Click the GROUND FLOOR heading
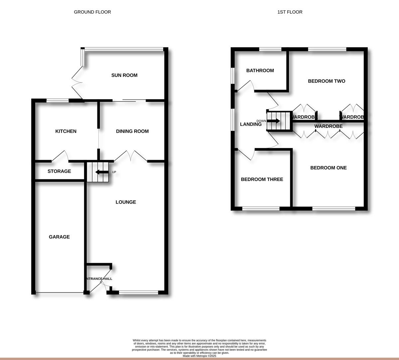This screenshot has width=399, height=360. tap(92, 12)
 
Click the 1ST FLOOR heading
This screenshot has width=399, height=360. tap(290, 12)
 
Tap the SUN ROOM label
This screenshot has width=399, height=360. tap(124, 75)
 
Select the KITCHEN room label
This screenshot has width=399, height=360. tap(66, 131)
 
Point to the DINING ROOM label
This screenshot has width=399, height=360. tap(132, 131)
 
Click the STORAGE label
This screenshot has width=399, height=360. tap(59, 171)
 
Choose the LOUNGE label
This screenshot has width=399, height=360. tap(126, 202)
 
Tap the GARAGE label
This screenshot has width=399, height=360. tap(59, 237)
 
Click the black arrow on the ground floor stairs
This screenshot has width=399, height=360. tap(101, 172)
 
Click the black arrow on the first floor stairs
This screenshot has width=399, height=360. tap(274, 121)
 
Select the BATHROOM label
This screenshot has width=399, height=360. tap(260, 71)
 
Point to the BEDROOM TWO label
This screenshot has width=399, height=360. tap(327, 81)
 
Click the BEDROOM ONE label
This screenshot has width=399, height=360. tap(329, 168)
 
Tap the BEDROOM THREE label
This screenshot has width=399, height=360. tap(262, 179)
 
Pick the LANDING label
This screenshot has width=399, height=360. tap(251, 124)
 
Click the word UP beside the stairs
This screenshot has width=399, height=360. tap(114, 172)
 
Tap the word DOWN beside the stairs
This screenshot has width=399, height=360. tap(261, 121)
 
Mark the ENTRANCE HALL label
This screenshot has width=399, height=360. tap(99, 279)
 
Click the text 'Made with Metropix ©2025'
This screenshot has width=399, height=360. tap(199, 356)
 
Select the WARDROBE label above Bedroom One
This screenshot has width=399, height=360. tap(329, 126)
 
